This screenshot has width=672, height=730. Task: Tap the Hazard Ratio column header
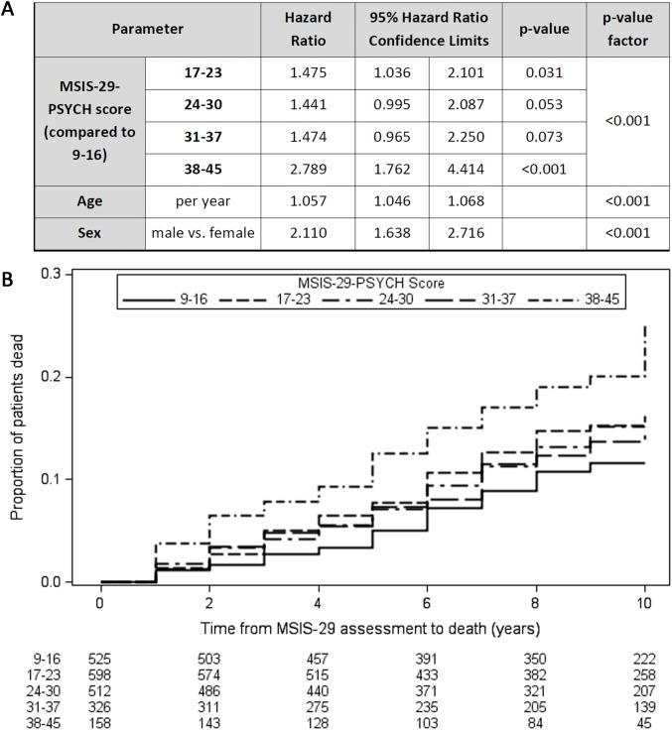296,30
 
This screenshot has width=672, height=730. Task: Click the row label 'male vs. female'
202,233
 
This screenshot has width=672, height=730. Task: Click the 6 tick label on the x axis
427,602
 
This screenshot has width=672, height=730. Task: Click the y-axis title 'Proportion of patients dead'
17,427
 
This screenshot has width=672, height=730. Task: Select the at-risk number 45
644,721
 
